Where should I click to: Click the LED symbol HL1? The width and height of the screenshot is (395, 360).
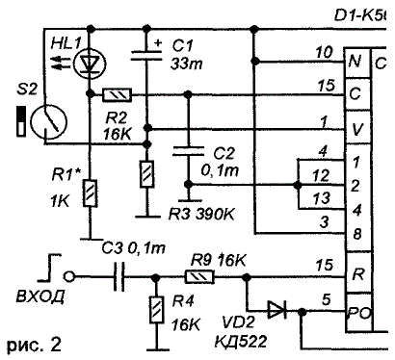pos(88,63)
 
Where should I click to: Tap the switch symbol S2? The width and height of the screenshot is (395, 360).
pos(48,121)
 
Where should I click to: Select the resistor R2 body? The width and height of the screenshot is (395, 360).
pos(117,95)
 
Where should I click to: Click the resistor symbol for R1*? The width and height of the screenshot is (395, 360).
pos(91,193)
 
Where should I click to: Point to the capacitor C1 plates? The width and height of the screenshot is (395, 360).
pos(146,55)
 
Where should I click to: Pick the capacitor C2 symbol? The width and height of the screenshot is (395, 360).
pos(188,151)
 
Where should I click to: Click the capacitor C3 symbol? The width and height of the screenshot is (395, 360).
pos(118,276)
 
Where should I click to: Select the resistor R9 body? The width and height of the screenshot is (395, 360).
pos(199,276)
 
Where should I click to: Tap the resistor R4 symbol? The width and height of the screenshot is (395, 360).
pos(156,310)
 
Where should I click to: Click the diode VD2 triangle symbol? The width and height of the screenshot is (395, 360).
pos(277,311)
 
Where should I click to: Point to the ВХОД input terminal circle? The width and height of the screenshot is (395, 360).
pos(69,276)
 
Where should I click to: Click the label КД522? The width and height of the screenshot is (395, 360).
pos(241,341)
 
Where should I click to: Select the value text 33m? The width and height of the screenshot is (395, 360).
pos(186,64)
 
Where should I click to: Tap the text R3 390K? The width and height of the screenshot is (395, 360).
pos(202,215)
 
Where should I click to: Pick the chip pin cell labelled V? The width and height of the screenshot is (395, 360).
pos(357,129)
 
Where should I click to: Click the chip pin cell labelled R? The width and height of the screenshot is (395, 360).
pos(357,273)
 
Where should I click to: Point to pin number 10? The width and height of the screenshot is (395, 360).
pos(325,52)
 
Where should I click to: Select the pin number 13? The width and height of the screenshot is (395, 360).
pos(321,198)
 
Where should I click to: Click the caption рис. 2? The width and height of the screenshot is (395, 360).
pos(34,345)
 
